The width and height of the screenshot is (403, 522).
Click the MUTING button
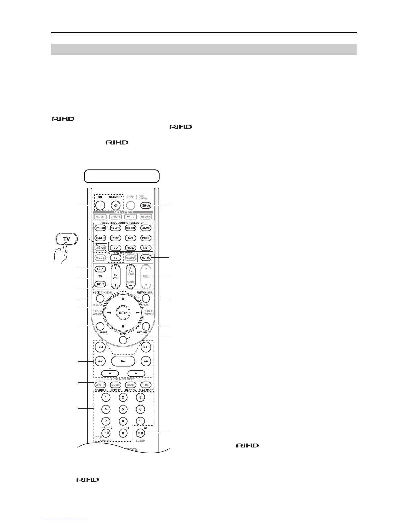146,258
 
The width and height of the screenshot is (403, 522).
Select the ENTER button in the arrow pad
123,313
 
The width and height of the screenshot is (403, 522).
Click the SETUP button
100,326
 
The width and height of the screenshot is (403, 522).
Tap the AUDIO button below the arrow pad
123,340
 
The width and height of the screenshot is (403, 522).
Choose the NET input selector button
146,248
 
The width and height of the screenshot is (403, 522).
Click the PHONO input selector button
131,248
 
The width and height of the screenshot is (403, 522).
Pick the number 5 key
123,410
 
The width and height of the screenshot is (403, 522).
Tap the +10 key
106,433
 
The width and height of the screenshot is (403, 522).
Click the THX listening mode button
146,385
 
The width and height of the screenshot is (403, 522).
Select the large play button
123,361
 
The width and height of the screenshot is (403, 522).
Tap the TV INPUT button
100,284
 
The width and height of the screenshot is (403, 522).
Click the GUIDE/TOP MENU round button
100,299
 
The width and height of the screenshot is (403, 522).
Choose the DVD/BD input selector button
100,228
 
